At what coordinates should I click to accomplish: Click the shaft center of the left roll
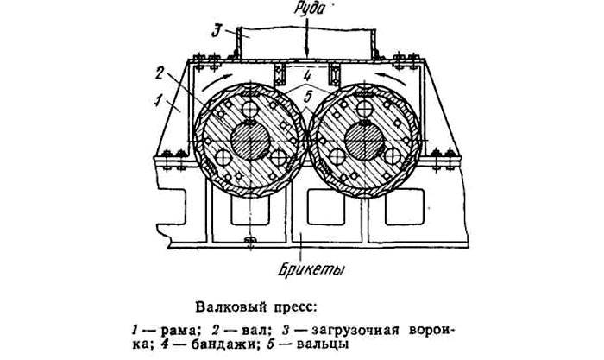(x=251, y=139)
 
